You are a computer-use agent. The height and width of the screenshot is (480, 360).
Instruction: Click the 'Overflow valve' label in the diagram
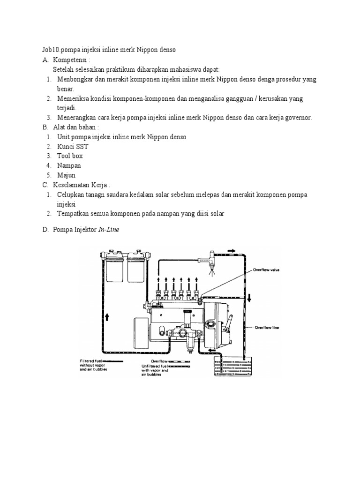266,270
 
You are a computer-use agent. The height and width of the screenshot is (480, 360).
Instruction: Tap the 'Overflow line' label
267,328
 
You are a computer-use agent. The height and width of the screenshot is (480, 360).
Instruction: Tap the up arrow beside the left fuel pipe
107,317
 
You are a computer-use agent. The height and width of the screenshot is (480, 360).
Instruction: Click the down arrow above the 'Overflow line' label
250,297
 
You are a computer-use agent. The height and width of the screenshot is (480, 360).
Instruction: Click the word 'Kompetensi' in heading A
70,60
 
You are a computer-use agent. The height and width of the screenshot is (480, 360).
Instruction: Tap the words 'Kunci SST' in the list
73,146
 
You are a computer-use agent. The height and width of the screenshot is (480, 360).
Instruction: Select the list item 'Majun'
67,175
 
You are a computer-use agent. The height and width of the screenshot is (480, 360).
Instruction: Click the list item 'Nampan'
69,165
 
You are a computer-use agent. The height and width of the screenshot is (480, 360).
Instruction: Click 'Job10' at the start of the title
47,49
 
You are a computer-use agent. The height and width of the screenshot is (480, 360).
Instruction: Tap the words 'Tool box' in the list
70,156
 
